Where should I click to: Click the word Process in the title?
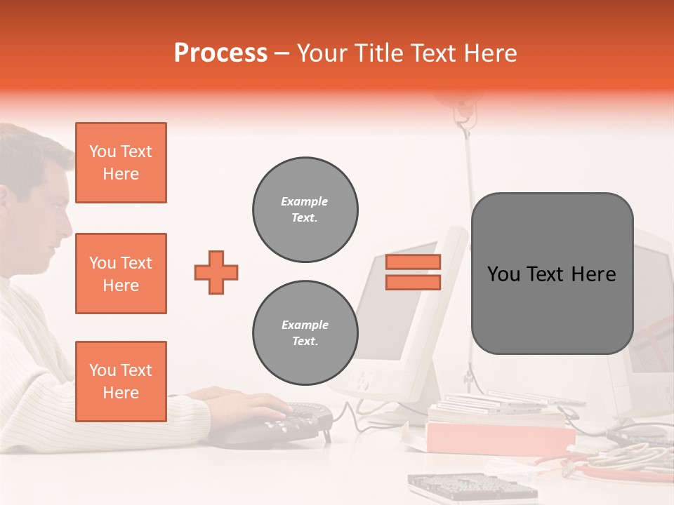click(x=220, y=53)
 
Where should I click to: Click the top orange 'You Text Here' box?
click(x=121, y=163)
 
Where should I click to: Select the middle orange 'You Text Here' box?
click(x=121, y=274)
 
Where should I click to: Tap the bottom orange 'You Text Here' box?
click(x=121, y=382)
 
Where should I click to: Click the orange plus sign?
click(x=216, y=272)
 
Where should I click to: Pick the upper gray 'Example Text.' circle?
click(x=305, y=209)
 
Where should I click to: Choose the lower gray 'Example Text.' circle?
click(x=305, y=332)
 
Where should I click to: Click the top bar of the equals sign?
click(x=414, y=262)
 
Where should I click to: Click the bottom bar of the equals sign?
click(x=414, y=282)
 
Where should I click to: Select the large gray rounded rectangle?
click(x=552, y=274)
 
